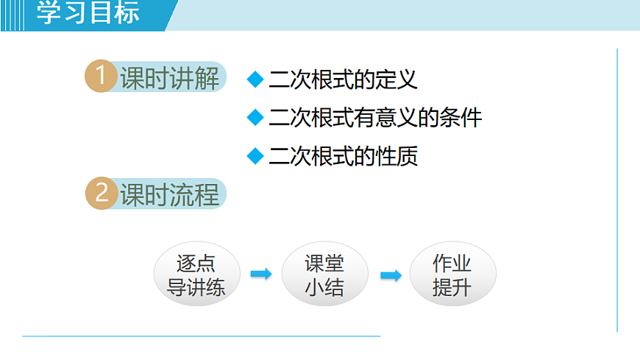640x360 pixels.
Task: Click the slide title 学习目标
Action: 88,14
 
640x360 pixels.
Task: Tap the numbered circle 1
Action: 101,77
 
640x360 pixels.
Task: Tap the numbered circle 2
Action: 101,194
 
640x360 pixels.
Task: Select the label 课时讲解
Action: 169,77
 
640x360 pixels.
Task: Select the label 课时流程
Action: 169,194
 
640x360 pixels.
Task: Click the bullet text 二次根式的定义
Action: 343,79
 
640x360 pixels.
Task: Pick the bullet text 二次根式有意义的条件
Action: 375,118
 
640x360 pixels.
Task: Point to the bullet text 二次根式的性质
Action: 343,156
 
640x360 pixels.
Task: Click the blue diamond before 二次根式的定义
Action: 255,79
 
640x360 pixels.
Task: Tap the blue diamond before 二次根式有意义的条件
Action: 255,117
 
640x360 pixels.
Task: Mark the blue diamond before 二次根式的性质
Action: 255,156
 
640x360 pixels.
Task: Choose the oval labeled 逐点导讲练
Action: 196,275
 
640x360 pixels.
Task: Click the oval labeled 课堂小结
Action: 324,275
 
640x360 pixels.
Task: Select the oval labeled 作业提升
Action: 452,275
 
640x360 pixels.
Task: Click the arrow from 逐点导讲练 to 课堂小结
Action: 261,275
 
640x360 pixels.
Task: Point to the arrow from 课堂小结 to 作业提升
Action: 391,275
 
